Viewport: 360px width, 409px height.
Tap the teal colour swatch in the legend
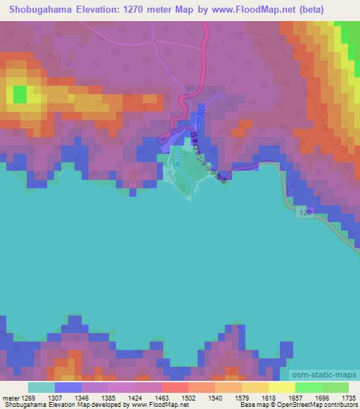41,387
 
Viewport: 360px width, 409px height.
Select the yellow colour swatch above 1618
281,387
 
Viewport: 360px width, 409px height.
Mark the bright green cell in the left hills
19,93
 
